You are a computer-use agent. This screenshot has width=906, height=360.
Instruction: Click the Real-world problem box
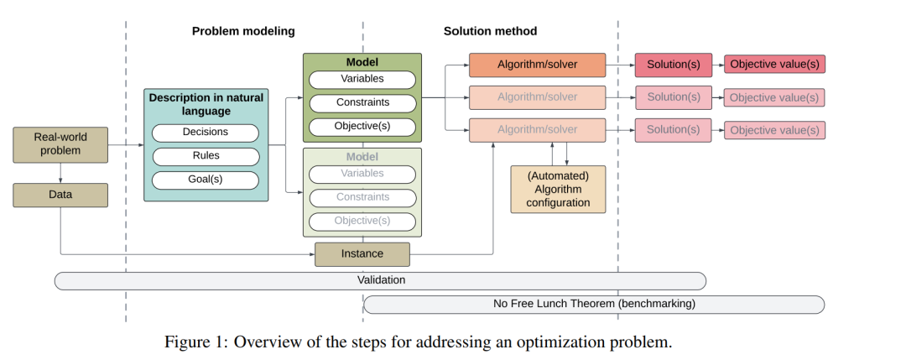[x=60, y=144]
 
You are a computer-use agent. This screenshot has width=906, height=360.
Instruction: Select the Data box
[x=60, y=195]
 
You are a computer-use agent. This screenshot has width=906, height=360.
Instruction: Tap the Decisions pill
[x=206, y=133]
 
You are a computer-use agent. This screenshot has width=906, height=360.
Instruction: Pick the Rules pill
[x=206, y=156]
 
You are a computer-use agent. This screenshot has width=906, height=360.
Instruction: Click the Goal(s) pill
[x=206, y=180]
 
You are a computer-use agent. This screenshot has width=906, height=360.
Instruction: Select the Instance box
[x=362, y=254]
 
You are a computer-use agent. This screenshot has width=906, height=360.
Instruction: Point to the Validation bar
[x=380, y=281]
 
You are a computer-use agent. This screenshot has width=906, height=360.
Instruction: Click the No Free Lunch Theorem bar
[x=594, y=305]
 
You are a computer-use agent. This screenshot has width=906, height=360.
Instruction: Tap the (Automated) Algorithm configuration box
[x=558, y=190]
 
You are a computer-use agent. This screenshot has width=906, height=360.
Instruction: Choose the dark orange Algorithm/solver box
[x=538, y=65]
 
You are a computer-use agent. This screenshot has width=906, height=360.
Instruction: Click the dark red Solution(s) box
[x=674, y=65]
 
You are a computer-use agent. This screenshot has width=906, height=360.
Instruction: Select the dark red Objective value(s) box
[x=775, y=64]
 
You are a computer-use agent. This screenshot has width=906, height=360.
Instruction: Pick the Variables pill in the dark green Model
[x=362, y=80]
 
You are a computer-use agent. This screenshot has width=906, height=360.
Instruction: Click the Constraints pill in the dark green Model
[x=362, y=103]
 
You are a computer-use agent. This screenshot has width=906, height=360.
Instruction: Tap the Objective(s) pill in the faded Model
[x=362, y=222]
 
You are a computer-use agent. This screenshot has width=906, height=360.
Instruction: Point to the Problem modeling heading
[x=243, y=31]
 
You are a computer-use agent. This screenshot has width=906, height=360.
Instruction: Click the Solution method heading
[x=491, y=31]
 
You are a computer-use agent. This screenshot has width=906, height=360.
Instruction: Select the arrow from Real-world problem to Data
[x=60, y=173]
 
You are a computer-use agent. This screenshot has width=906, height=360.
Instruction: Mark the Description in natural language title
[x=206, y=104]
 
